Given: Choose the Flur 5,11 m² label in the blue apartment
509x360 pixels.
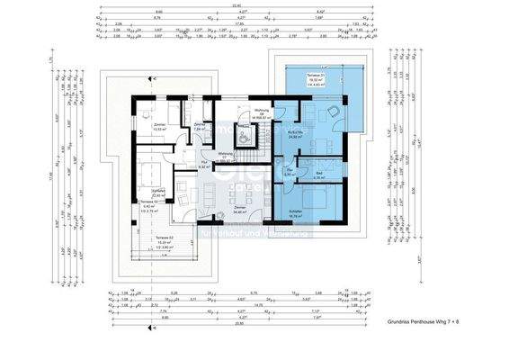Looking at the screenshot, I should [290, 173].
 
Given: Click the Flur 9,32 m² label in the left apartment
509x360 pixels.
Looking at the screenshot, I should [203, 166].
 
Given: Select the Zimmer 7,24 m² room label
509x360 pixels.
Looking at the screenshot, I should [199, 127].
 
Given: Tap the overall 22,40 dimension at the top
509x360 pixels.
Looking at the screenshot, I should [235, 4].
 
